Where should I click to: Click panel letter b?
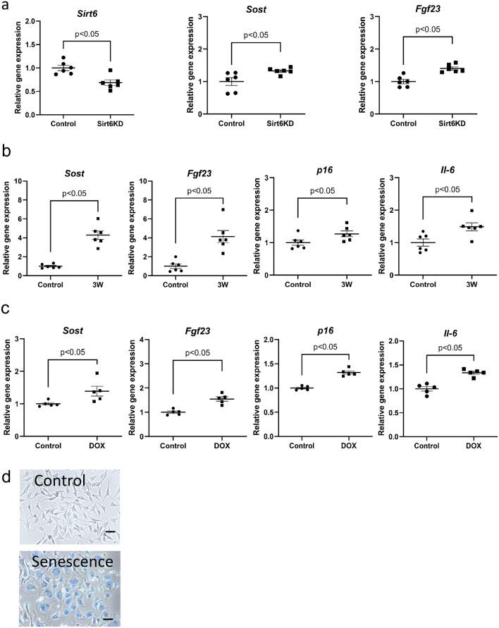point(6,149)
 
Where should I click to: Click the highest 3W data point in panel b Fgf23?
point(223,210)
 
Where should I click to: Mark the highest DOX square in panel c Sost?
point(98,374)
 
